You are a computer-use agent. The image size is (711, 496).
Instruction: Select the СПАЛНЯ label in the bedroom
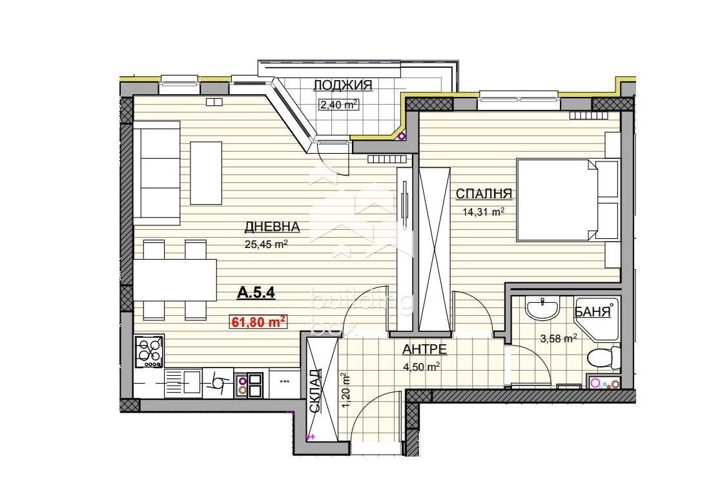coord(484,194)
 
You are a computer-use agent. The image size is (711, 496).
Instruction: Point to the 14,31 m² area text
coord(484,211)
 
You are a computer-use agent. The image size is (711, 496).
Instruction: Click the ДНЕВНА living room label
coord(272,226)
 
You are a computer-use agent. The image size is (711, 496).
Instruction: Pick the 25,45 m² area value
coord(267,244)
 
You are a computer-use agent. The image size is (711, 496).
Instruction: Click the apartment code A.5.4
coord(256,293)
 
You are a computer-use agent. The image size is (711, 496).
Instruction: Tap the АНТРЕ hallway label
coord(424,349)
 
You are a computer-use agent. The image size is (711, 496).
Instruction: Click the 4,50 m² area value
coord(422,366)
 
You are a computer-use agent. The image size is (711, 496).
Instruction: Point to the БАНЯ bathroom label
coord(592,312)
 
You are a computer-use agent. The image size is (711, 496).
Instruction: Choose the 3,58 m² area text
coord(558,338)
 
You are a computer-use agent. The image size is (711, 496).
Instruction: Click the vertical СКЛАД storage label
coord(316,391)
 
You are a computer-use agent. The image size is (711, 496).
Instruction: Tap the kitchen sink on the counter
coord(183,384)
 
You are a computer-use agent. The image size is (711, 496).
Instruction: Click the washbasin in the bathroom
coord(542,309)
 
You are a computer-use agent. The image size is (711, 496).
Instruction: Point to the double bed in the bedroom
coord(568,199)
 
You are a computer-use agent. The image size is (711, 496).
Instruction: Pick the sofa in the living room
coord(157,173)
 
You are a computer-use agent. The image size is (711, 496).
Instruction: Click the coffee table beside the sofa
coord(206,173)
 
